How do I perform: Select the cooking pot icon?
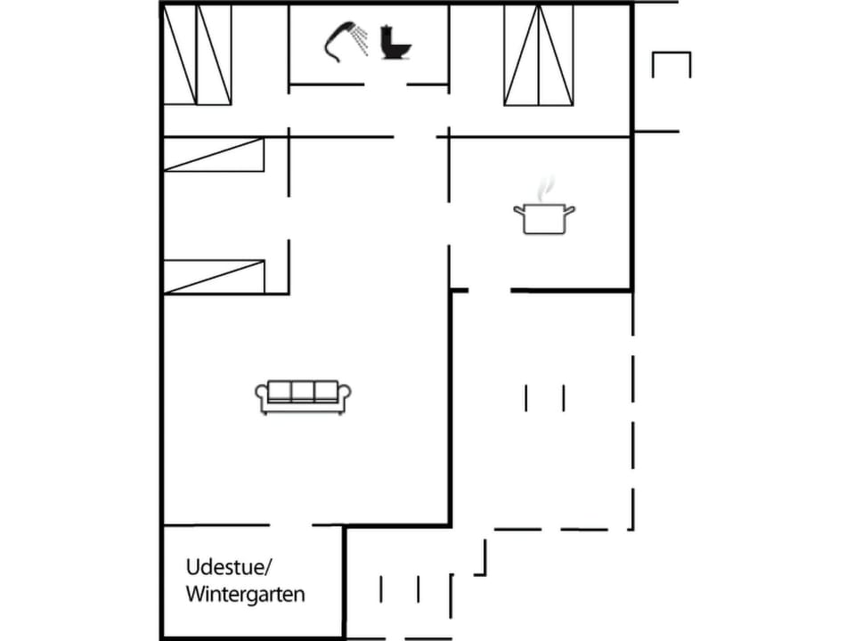(x=543, y=217)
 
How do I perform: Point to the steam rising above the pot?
(x=545, y=189)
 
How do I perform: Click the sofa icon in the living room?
(x=303, y=396)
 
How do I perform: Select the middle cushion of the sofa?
(x=303, y=391)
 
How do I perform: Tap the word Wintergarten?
(x=245, y=594)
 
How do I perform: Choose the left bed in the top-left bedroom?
(x=179, y=54)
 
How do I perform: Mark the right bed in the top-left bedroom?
(x=214, y=54)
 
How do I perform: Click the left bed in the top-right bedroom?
(x=521, y=54)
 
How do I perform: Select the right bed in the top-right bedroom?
(x=556, y=54)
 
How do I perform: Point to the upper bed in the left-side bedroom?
(x=214, y=155)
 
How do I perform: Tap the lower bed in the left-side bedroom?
(x=214, y=276)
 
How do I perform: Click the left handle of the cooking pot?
(x=518, y=210)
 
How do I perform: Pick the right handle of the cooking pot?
(x=570, y=210)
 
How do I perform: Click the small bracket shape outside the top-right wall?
(x=672, y=62)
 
